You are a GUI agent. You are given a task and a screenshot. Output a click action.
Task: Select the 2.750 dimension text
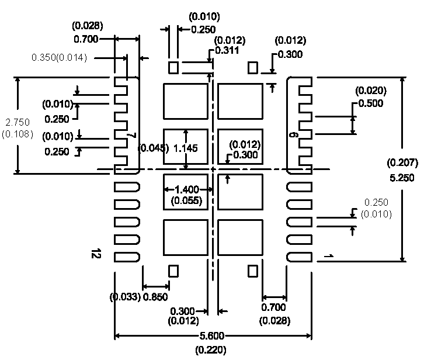click(x=12, y=123)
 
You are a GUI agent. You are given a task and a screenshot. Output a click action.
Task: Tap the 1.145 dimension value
click(x=186, y=148)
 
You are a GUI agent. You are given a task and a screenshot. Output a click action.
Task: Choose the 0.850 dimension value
click(x=155, y=297)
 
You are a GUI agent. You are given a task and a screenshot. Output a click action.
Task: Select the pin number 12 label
click(x=95, y=254)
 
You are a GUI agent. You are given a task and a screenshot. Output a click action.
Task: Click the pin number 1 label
click(x=329, y=257)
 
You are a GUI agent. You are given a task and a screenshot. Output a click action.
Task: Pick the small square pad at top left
click(x=173, y=67)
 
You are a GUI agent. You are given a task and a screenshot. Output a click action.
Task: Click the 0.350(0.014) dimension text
click(x=59, y=58)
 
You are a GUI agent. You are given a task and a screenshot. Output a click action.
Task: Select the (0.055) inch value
click(x=187, y=201)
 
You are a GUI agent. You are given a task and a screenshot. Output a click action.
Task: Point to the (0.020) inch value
click(x=371, y=91)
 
